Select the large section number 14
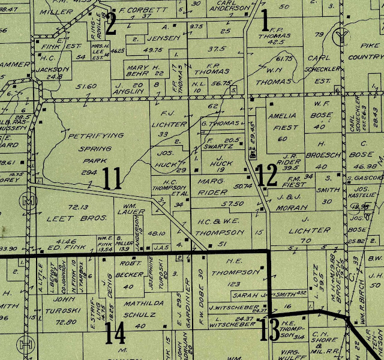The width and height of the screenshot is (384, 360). coord(115,334)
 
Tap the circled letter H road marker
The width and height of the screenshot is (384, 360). coord(26,344)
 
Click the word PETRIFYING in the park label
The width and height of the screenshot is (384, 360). coord(91,137)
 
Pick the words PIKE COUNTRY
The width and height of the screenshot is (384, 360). coord(364,51)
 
